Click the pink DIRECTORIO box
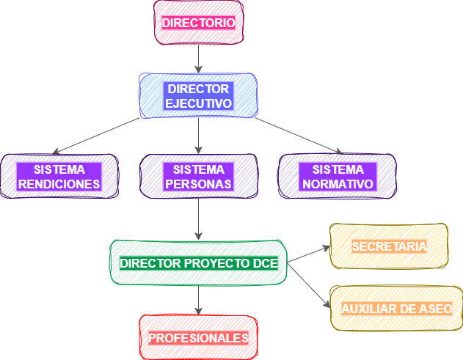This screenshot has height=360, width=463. click(199, 23)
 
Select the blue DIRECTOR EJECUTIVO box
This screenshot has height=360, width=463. click(198, 96)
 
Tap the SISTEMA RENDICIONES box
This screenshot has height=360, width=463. click(59, 176)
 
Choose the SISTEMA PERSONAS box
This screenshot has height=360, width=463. click(198, 176)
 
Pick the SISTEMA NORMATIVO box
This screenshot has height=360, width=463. click(338, 176)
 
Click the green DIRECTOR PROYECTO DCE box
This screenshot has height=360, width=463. click(198, 262)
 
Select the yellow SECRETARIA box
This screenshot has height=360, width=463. click(389, 246)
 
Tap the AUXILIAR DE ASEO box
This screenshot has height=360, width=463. click(396, 309)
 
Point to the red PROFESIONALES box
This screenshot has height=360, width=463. click(198, 337)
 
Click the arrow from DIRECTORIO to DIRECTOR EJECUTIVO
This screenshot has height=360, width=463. click(198, 59)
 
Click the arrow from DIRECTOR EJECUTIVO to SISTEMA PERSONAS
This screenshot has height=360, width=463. click(198, 136)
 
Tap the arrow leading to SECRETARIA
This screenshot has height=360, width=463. click(308, 254)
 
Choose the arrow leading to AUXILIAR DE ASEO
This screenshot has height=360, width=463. click(308, 286)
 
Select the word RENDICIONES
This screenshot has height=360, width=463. click(59, 184)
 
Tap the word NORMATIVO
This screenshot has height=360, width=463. click(338, 184)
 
